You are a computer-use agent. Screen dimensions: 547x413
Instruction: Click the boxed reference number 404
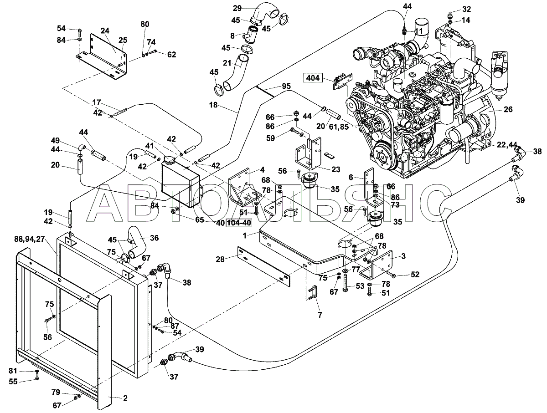click(313, 78)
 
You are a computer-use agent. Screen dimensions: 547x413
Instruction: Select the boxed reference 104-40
click(239, 223)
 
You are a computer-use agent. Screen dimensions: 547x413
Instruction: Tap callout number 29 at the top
click(237, 9)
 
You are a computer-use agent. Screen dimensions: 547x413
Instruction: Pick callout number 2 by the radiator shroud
click(125, 398)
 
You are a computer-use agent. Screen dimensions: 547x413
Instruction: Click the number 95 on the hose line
click(286, 86)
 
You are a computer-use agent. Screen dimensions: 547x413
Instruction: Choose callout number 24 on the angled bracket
click(105, 31)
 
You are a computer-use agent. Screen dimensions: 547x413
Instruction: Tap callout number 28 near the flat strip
click(220, 259)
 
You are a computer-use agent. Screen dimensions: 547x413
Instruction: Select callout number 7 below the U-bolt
click(320, 315)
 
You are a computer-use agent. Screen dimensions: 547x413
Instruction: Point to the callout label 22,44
click(507, 144)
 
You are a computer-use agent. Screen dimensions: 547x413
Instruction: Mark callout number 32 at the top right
click(466, 9)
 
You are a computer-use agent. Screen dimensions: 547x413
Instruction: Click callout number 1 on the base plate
click(245, 235)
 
